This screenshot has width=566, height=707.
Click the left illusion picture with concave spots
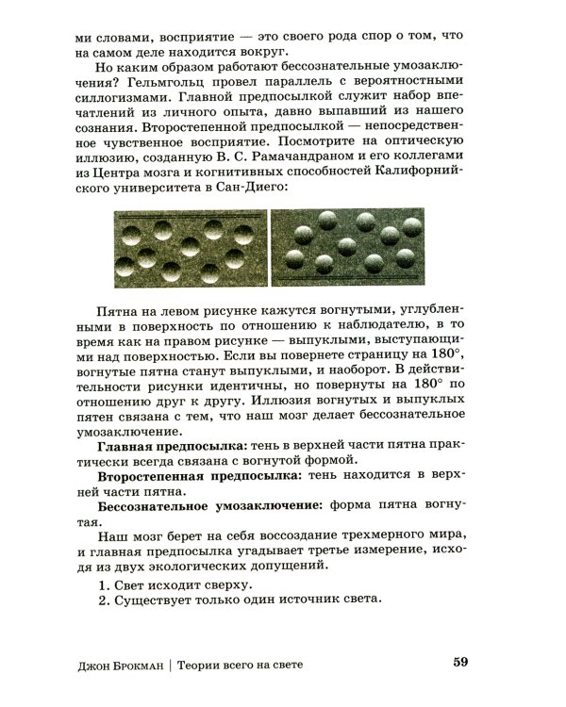pos(191,247)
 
